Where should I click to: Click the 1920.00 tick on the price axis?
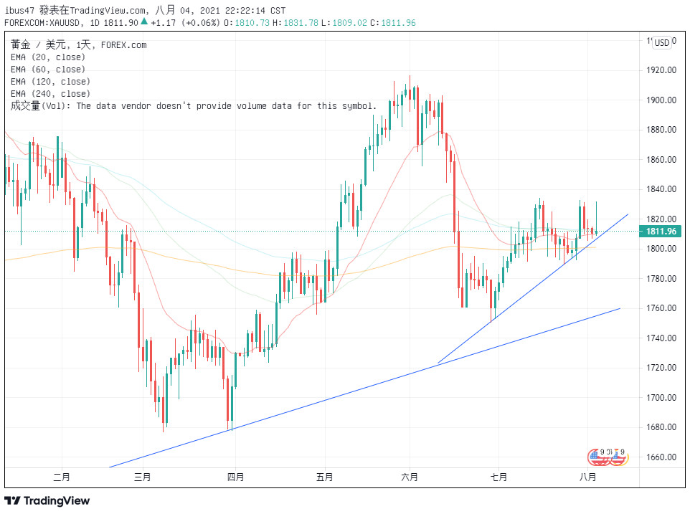(x=662, y=70)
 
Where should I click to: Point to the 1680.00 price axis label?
(x=662, y=427)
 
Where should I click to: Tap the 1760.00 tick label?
(x=662, y=308)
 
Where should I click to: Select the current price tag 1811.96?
(x=661, y=231)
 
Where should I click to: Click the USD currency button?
(x=661, y=43)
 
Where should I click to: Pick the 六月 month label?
(x=410, y=476)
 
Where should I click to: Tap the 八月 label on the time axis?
(x=587, y=476)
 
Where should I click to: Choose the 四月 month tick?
(x=235, y=476)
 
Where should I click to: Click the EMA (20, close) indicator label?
(x=48, y=57)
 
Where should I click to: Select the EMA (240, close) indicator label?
(x=50, y=94)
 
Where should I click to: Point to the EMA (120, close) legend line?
(x=50, y=82)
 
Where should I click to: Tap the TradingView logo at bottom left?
(x=47, y=500)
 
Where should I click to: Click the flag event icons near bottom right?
(x=608, y=456)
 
